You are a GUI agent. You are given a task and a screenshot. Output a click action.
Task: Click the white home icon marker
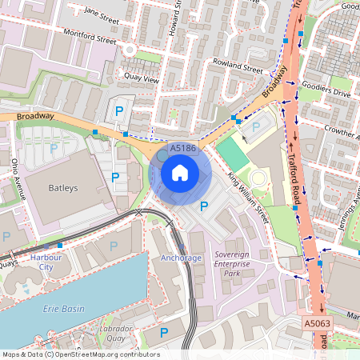(x=180, y=172)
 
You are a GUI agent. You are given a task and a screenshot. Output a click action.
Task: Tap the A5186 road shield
(x=183, y=147)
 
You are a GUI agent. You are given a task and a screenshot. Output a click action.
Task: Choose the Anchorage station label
(x=182, y=258)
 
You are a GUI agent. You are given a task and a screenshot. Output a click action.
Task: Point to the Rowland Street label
(x=237, y=68)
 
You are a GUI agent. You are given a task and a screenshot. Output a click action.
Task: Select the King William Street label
(x=247, y=197)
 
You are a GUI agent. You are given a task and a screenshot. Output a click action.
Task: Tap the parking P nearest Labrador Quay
(x=164, y=332)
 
